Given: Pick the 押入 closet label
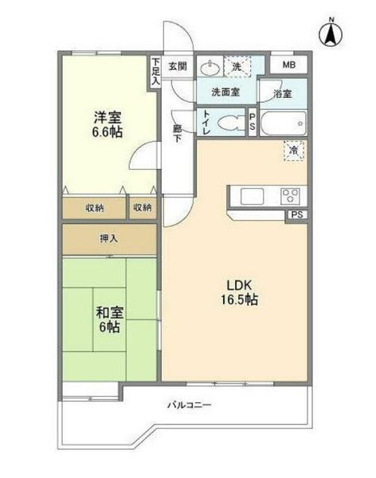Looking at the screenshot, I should coord(110,237).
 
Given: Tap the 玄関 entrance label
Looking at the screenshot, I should coord(178,66).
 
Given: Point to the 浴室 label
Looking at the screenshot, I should coord(283,93).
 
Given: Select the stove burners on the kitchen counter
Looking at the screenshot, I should coord(288,196).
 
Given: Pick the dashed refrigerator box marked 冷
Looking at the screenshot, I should coord(294,150).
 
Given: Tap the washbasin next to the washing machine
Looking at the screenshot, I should coord(210,66).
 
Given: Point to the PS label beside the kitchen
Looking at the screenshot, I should coord(296,215).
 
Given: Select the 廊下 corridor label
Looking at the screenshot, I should coord(178,131).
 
